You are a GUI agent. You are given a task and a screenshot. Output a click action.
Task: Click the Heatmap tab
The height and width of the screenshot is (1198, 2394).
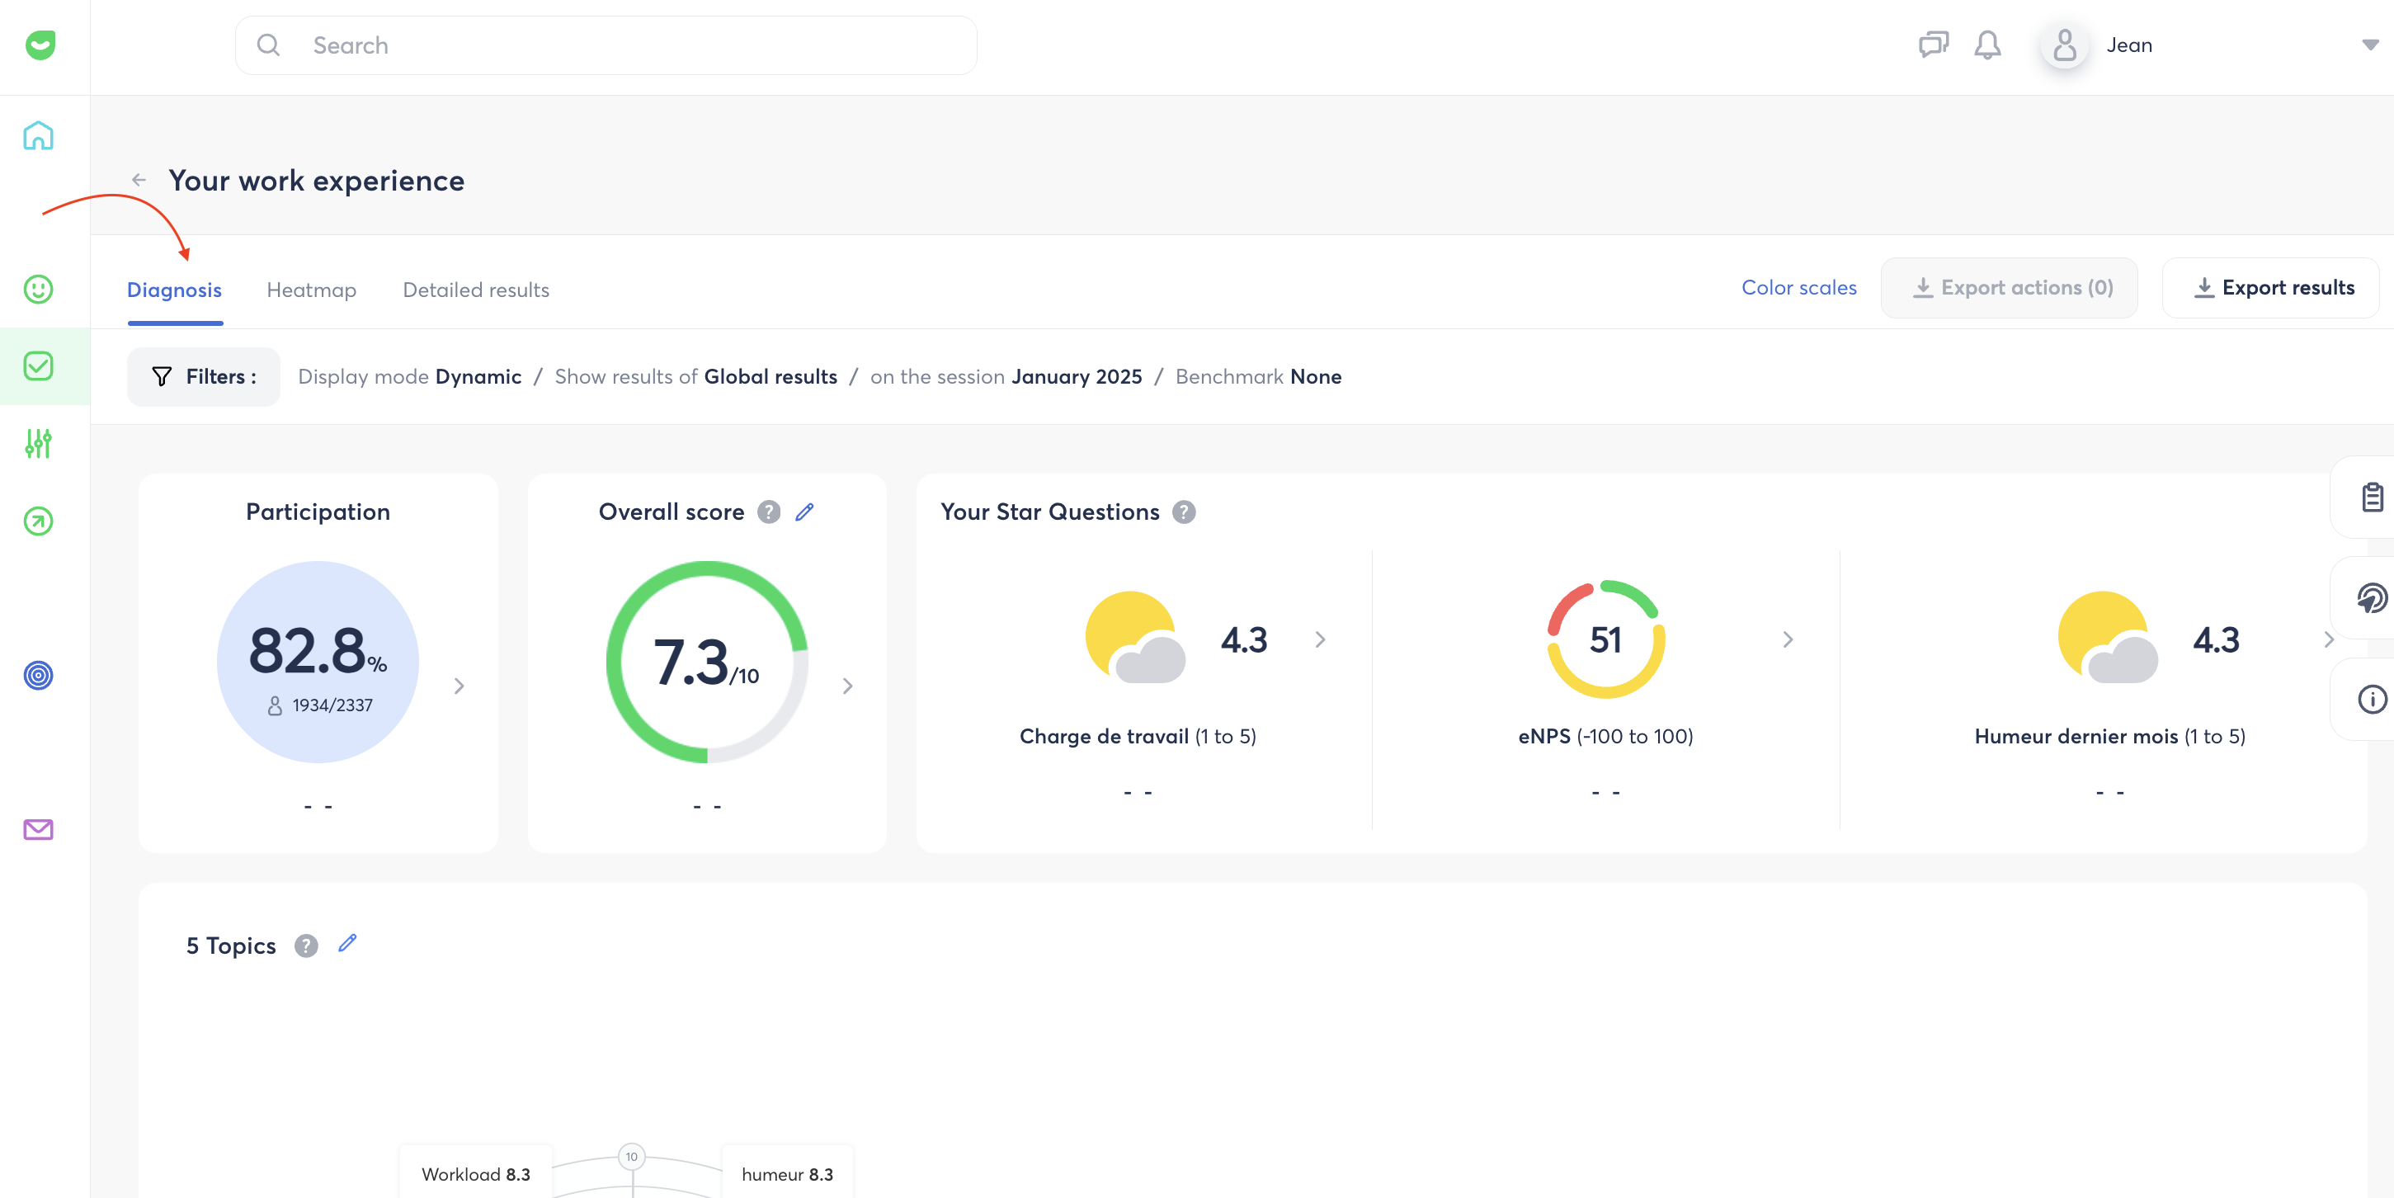coord(311,290)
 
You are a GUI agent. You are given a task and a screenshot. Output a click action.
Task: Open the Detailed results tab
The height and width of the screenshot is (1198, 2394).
coord(476,290)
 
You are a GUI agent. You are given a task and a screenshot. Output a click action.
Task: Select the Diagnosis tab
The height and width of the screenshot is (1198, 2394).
coord(175,290)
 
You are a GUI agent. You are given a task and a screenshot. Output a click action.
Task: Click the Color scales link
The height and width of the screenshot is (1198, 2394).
coord(1798,288)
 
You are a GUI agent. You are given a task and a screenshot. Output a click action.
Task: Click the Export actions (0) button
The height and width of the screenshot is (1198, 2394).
coord(2010,288)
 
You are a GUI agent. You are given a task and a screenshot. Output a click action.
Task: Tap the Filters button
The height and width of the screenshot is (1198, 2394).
coord(204,376)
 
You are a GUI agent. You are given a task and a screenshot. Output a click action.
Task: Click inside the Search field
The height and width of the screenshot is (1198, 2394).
coord(606,45)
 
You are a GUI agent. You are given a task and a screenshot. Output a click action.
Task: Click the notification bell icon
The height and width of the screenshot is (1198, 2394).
coord(1987,45)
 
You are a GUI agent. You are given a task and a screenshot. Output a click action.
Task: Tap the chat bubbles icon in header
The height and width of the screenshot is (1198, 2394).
coord(1933,45)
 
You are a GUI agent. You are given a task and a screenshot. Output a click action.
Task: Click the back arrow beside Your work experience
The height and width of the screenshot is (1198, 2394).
coord(139,181)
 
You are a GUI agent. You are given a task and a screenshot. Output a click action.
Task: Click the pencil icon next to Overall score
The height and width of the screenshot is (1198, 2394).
coord(805,512)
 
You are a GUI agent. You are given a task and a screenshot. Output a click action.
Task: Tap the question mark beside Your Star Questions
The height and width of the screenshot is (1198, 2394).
coord(1184,512)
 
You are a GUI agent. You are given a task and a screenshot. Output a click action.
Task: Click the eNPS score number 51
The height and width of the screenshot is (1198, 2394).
coord(1606,639)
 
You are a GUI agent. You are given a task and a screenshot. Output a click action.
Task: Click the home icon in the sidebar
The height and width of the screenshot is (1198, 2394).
coord(38,135)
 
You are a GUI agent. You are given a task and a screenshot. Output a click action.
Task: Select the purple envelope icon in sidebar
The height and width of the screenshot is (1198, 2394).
coord(38,829)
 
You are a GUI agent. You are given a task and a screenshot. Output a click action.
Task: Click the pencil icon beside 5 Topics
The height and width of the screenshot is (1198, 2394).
coord(347,943)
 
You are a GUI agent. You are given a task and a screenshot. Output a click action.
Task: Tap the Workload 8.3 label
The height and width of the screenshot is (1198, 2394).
coord(476,1174)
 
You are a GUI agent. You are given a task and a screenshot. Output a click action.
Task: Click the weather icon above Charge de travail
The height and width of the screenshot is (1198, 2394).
coord(1136,638)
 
